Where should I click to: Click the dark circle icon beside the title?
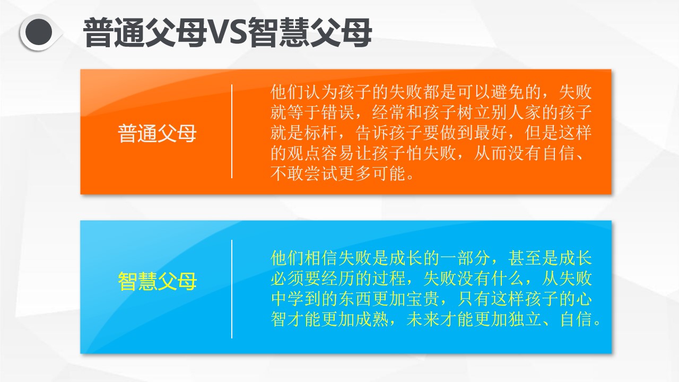tap(39, 32)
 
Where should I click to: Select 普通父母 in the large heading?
tap(145, 32)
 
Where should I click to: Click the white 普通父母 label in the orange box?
tap(157, 133)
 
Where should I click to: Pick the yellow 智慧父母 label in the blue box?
tap(157, 281)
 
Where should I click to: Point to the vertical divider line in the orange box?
tap(232, 131)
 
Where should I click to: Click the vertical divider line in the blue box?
tap(232, 289)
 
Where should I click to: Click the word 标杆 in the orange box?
tap(321, 133)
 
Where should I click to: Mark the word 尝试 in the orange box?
tap(321, 173)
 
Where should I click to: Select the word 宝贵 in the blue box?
tap(423, 299)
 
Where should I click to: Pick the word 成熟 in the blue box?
tap(372, 319)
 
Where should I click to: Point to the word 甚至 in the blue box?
tap(525, 258)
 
